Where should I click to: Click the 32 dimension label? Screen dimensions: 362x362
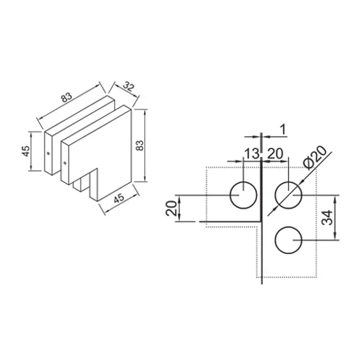click(x=127, y=87)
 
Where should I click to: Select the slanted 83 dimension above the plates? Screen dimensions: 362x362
click(x=67, y=97)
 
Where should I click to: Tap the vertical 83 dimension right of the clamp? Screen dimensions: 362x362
click(x=140, y=146)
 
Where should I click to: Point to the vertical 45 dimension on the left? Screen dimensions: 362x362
click(x=26, y=151)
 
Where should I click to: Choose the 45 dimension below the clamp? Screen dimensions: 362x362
click(x=119, y=198)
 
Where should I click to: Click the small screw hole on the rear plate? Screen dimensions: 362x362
click(x=49, y=153)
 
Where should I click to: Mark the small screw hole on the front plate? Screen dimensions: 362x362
click(x=64, y=163)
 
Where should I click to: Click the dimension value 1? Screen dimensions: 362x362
click(x=283, y=130)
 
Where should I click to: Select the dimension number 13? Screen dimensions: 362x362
click(x=252, y=153)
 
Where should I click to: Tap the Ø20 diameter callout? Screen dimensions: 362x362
click(x=316, y=157)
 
